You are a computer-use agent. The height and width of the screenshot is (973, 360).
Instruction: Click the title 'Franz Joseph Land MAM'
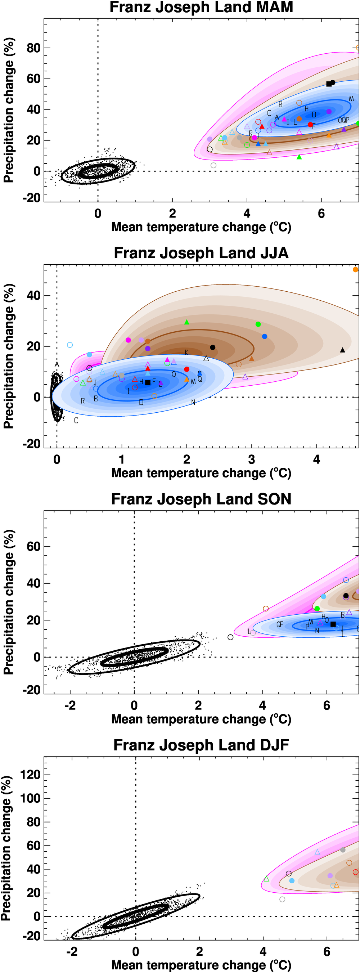click(201, 7)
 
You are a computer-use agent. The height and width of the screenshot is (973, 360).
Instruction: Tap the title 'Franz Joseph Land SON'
click(201, 499)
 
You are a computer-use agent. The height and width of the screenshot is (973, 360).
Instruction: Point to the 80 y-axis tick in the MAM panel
click(33, 48)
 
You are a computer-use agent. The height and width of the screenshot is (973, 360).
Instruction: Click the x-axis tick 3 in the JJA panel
click(252, 460)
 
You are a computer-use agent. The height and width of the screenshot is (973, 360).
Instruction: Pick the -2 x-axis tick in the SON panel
click(70, 705)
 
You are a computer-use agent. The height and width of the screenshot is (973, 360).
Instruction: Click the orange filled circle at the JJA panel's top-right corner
click(355, 270)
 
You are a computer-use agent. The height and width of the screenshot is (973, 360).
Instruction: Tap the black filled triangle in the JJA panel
click(343, 350)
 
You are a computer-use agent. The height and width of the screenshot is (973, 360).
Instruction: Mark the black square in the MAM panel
click(329, 84)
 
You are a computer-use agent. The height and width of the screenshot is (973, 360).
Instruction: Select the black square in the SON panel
click(333, 624)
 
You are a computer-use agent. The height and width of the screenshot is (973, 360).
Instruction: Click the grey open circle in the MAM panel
click(213, 165)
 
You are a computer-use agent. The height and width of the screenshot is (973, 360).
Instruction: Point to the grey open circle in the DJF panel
click(282, 899)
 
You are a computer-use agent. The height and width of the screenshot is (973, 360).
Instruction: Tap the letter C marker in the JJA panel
click(76, 420)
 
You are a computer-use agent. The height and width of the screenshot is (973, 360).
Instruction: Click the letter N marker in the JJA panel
click(193, 402)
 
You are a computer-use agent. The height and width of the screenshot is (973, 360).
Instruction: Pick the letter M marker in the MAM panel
click(351, 99)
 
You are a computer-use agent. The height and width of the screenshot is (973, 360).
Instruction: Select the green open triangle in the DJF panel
click(266, 879)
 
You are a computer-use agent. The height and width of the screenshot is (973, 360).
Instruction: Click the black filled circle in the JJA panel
click(213, 347)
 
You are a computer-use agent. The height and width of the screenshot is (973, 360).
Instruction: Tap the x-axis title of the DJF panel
click(201, 965)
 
